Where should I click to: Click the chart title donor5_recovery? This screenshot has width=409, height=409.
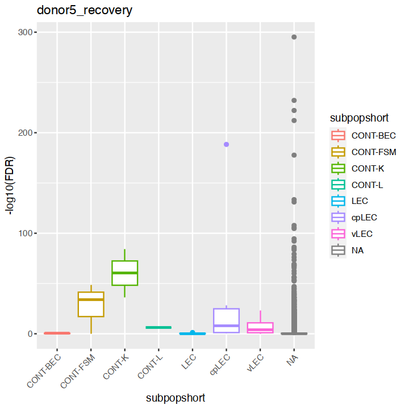pyautogui.click(x=85, y=11)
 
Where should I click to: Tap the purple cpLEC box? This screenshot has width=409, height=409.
pyautogui.click(x=226, y=320)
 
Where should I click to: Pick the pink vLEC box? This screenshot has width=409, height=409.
pyautogui.click(x=260, y=327)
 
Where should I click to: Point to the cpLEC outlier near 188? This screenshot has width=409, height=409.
pyautogui.click(x=226, y=144)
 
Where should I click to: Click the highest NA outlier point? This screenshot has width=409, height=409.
pyautogui.click(x=294, y=37)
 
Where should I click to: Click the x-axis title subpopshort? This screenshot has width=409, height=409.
pyautogui.click(x=175, y=398)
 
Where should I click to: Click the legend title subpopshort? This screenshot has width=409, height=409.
pyautogui.click(x=359, y=118)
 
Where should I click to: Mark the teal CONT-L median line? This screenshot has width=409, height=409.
pyautogui.click(x=158, y=327)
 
